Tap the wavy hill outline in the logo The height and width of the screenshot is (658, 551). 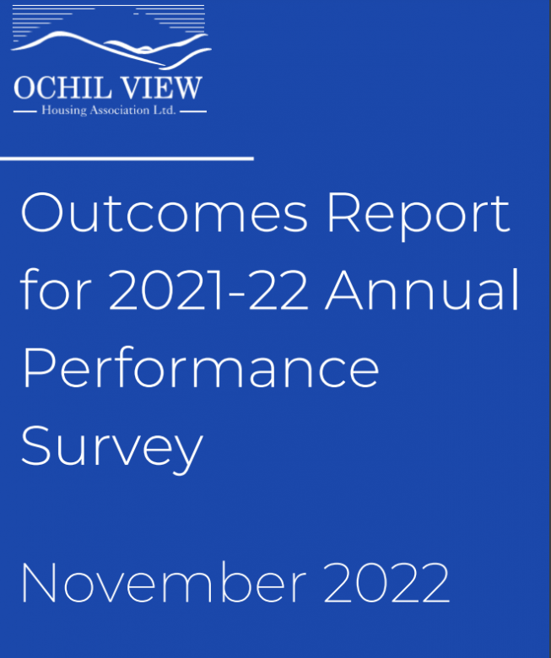pos(110,49)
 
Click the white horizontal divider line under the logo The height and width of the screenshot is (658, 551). pos(127,157)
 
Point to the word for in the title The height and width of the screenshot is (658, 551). pos(55,290)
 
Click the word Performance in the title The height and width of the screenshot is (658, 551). pos(199,368)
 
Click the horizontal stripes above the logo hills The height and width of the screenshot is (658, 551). pos(110,16)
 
